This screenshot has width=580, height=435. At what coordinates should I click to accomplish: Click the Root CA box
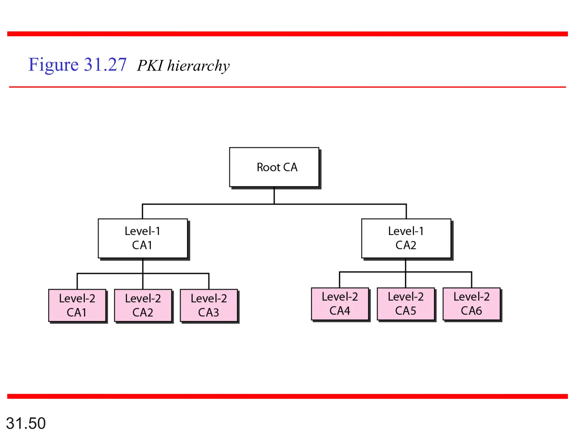274,167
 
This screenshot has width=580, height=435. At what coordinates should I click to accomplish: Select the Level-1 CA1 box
143,238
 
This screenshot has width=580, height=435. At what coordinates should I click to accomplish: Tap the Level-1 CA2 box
406,238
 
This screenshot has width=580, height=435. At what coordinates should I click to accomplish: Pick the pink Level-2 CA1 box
77,305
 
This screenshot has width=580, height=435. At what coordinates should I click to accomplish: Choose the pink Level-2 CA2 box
143,305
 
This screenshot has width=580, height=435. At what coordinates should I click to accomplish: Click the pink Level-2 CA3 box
209,305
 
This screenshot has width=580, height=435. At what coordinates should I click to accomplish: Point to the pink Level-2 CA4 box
340,304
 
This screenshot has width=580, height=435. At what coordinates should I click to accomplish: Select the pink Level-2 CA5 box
406,304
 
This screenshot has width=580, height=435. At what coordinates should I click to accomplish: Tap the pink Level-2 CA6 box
472,304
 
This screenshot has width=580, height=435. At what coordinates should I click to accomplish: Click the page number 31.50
26,423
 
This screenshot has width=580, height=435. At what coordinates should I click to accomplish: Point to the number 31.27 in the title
105,65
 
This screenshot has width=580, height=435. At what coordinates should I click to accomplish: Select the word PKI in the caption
150,66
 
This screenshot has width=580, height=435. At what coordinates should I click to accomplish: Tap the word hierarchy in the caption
198,66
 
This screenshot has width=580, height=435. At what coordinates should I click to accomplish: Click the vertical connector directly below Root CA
274,195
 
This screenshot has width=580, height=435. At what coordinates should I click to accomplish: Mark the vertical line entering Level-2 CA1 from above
77,281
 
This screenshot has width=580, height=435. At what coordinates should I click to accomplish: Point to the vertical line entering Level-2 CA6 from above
472,280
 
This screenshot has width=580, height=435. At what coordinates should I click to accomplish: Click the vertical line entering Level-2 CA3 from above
209,281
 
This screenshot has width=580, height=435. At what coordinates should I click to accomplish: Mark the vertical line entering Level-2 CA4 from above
340,280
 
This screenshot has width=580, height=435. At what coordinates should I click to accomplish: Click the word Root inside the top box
268,167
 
